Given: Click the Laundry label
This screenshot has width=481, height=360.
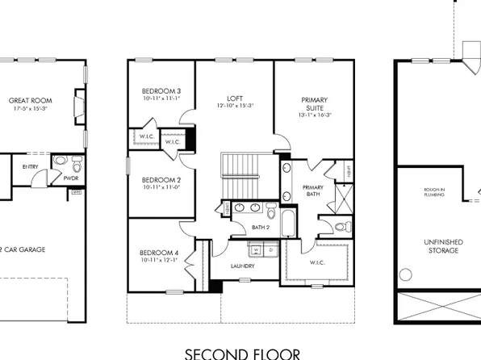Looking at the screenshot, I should [x=243, y=266].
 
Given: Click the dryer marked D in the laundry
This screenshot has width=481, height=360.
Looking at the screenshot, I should [x=272, y=249].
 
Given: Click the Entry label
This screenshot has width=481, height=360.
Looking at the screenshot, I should [x=31, y=166].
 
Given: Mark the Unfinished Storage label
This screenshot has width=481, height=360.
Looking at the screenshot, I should [x=441, y=246].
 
